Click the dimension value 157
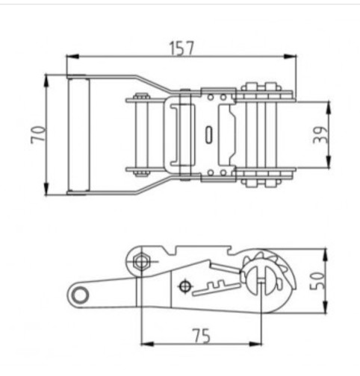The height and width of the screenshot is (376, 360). tap(181, 48)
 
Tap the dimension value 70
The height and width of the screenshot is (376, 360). tap(39, 135)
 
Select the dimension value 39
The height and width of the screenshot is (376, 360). tap(320, 135)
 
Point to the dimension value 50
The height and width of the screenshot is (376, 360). tap(317, 281)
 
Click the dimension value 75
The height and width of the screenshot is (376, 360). tap(201, 336)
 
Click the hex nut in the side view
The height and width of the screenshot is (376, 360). tap(142, 262)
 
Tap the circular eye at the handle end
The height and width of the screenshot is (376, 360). tap(80, 295)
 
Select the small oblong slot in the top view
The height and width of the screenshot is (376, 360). tap(209, 135)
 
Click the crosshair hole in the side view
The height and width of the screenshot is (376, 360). tap(184, 286)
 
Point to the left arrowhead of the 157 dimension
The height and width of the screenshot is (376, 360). tap(72, 57)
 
